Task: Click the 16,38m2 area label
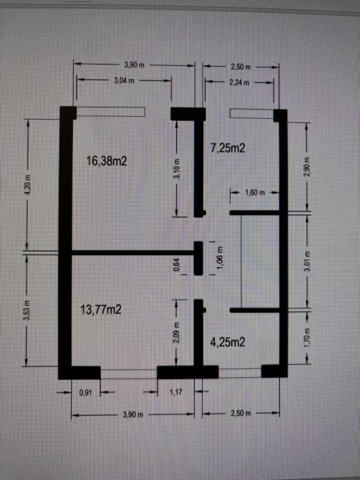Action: click(107, 161)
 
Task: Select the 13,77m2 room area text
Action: click(101, 310)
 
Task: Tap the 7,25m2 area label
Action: click(228, 148)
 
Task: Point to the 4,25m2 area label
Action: click(228, 342)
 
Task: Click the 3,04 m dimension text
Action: click(124, 81)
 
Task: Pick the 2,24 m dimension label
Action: click(240, 82)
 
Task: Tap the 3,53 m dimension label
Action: click(26, 310)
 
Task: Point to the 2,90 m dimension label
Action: click(308, 167)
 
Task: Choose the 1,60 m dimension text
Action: click(255, 193)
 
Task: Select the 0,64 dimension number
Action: click(176, 265)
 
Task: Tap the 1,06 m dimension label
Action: click(220, 258)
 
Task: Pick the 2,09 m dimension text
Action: click(177, 333)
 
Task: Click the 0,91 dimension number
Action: click(86, 392)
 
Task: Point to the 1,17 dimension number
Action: click(176, 392)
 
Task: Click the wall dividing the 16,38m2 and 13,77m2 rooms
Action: click(133, 253)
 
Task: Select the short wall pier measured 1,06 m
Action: click(198, 258)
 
